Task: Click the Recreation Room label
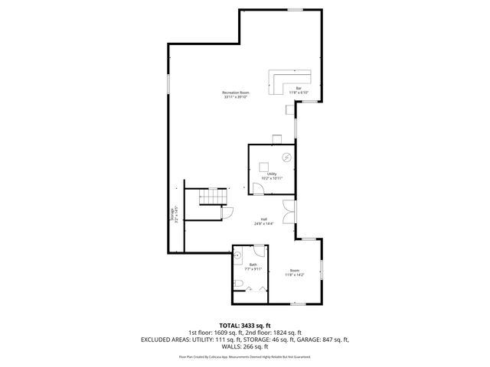(237, 95)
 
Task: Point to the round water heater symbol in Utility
(287, 157)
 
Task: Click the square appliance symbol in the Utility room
(265, 165)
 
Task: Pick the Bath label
(253, 267)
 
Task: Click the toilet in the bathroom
(240, 285)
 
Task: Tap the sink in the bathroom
(238, 256)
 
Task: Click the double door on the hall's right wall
(286, 212)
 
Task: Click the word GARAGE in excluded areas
(311, 339)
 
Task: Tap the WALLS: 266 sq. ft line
(245, 346)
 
